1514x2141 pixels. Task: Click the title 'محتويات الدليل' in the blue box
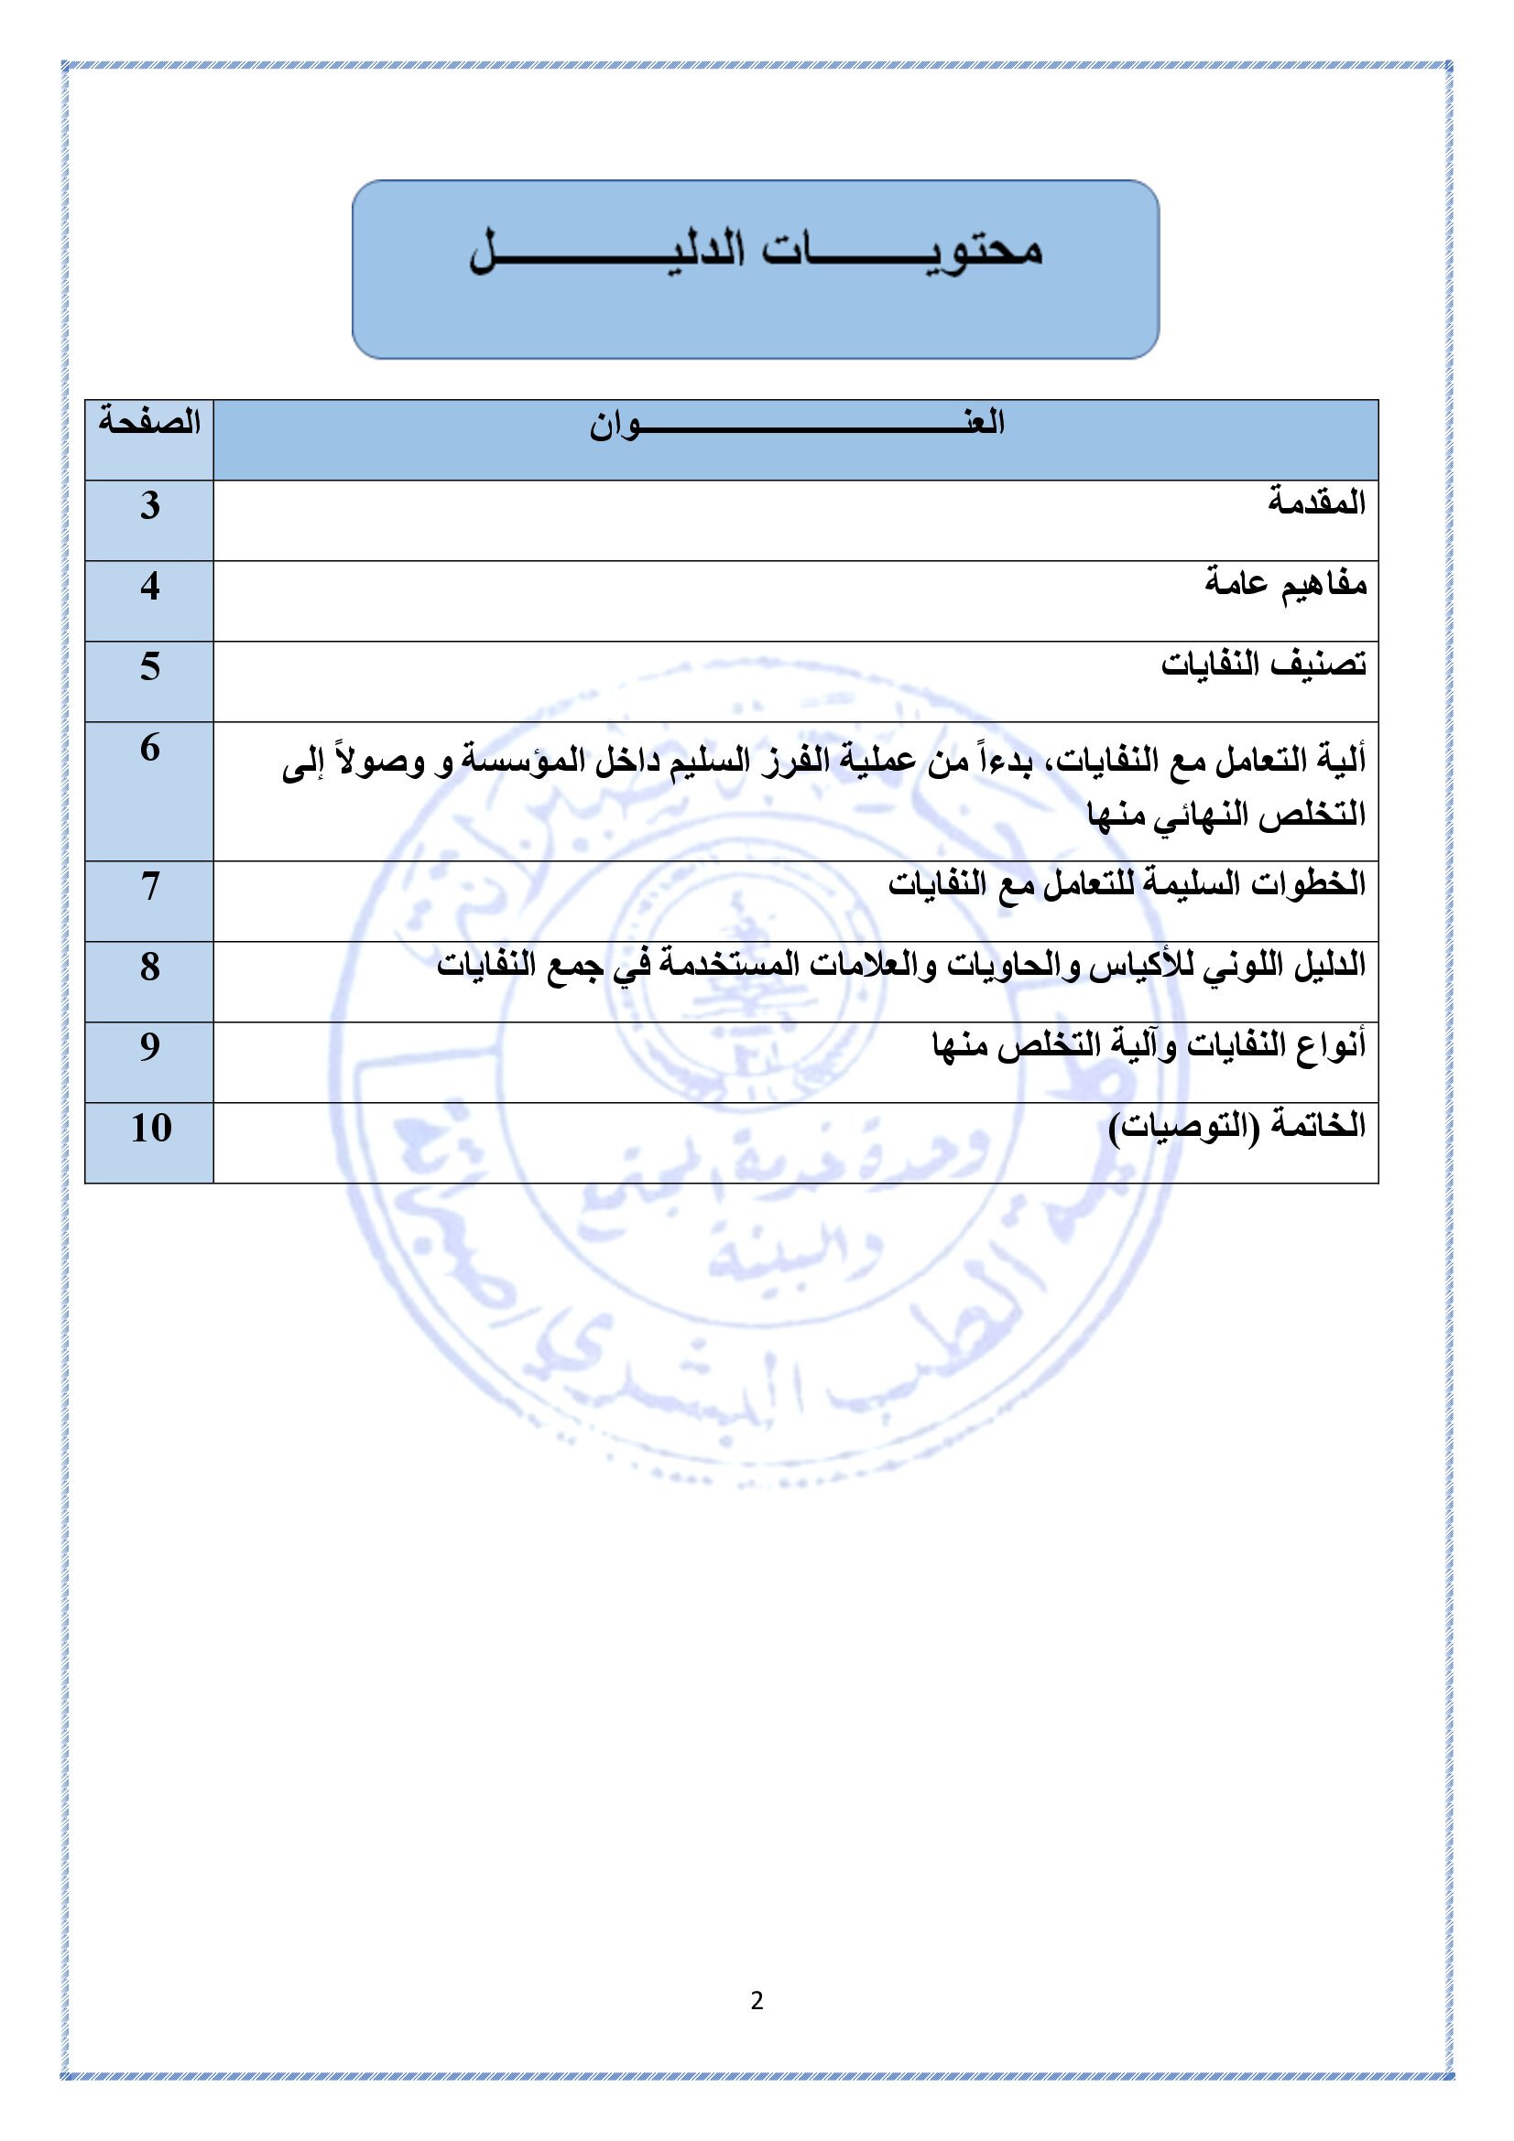coord(755,250)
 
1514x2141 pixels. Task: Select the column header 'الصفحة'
coord(149,422)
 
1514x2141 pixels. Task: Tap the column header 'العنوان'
coord(796,425)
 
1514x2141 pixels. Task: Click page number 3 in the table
coord(150,505)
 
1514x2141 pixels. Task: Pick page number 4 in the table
coord(150,586)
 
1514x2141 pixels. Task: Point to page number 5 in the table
coord(150,666)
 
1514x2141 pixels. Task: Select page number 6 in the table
coord(150,748)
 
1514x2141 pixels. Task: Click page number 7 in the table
coord(150,886)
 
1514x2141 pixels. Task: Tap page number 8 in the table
coord(150,967)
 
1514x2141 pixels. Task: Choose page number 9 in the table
coord(150,1047)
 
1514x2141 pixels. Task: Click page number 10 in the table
coord(150,1129)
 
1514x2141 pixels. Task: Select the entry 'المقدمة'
coord(1315,503)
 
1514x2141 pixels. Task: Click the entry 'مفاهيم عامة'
coord(1284,585)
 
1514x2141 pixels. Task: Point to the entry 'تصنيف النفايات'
coord(1263,665)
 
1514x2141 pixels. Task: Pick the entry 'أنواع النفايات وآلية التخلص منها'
coord(1149,1045)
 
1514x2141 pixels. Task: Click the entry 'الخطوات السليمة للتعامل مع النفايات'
coord(1126,884)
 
